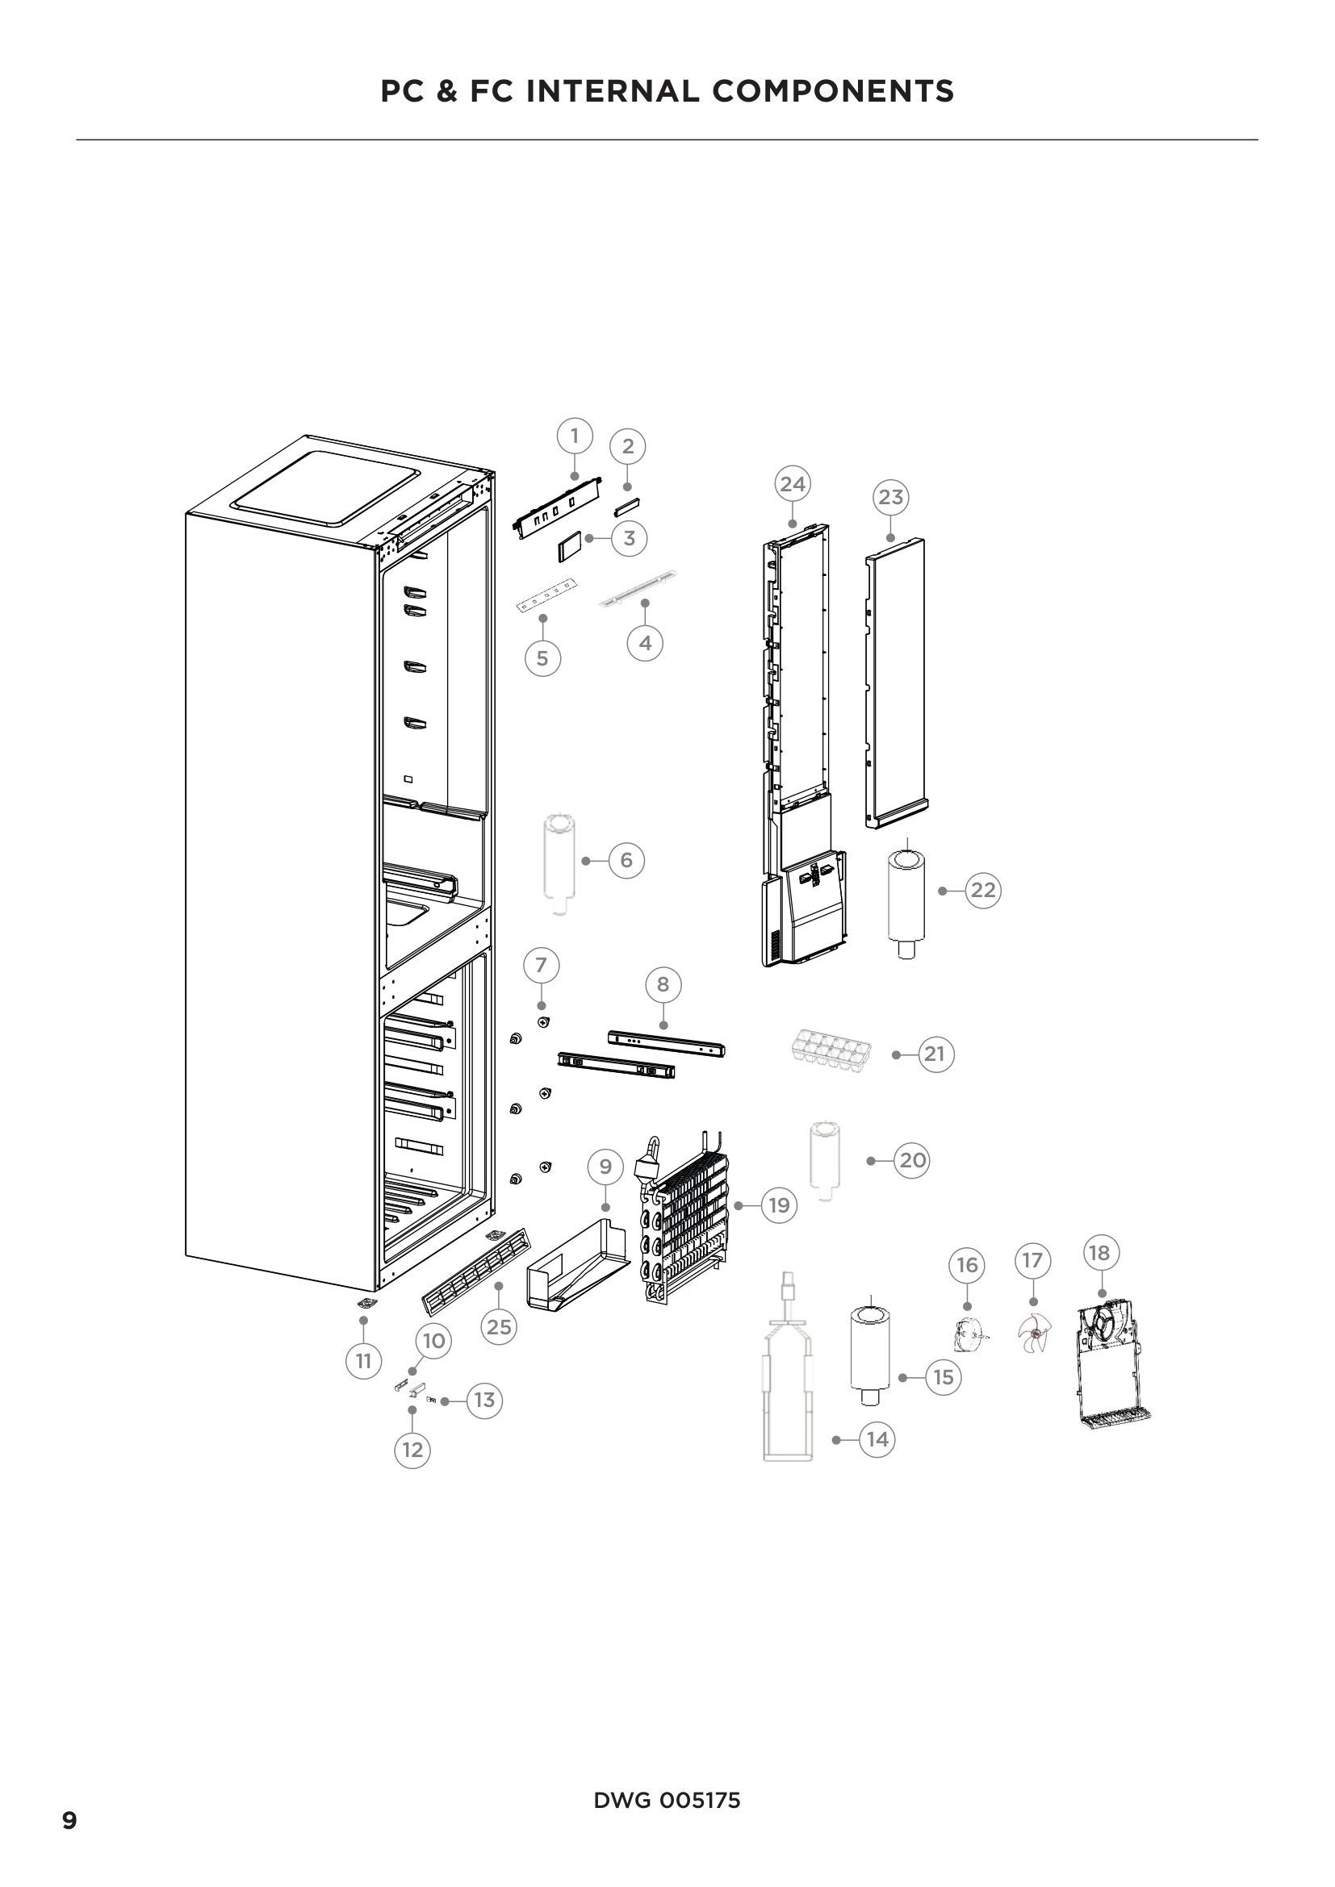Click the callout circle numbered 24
click(793, 484)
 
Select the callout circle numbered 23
click(890, 497)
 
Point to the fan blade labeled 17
click(1034, 1332)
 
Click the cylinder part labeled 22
click(906, 904)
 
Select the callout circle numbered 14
click(877, 1440)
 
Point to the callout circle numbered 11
click(363, 1361)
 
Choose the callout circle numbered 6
click(626, 861)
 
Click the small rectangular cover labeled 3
click(570, 546)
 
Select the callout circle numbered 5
click(542, 658)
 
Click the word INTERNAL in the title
click(613, 91)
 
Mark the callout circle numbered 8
click(663, 984)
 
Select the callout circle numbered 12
click(412, 1450)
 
